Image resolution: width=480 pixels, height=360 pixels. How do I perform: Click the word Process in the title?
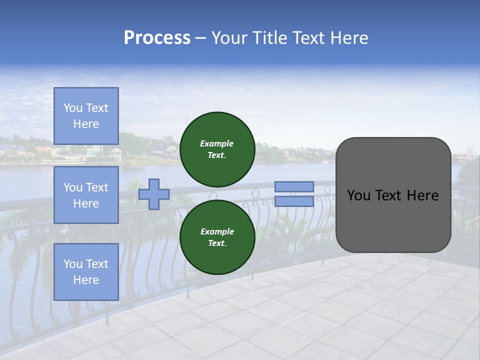157,38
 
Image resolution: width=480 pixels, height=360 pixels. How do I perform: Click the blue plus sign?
154,194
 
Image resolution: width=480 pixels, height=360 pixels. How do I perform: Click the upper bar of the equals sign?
294,186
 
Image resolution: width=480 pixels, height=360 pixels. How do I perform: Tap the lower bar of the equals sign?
294,201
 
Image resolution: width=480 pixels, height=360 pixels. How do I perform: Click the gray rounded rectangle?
393,220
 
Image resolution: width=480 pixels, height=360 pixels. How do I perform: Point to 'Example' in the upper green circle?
217,143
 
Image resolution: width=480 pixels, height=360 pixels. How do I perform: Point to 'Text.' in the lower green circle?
217,243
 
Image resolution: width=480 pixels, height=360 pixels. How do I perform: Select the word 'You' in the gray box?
358,195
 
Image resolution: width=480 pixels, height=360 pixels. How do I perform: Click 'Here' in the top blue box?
86,124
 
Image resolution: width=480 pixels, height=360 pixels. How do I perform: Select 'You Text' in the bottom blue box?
86,264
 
